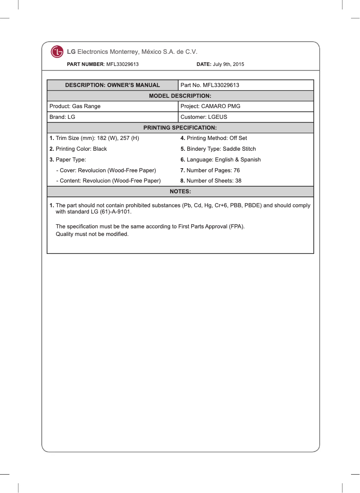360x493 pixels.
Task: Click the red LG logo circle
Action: (x=57, y=52)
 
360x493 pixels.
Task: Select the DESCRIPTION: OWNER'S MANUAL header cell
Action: (x=113, y=85)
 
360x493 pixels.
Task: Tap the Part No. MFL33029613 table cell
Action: (x=210, y=85)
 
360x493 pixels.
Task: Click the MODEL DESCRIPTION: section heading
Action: (x=180, y=96)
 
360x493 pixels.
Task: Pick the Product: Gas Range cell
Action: (x=75, y=106)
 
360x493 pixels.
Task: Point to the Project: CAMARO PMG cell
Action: (x=210, y=106)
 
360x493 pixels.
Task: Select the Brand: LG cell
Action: (x=62, y=117)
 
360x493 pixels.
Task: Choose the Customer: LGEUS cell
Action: (x=204, y=117)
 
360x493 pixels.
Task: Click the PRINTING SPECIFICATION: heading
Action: (x=180, y=128)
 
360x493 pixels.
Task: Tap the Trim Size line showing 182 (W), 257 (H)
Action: (x=94, y=138)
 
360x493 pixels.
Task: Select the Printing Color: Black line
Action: (x=78, y=149)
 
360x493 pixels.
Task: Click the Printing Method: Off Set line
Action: (x=214, y=138)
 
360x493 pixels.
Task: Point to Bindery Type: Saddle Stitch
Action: (x=218, y=149)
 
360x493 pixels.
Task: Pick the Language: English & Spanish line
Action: (x=220, y=160)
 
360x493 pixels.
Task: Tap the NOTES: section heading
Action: (x=180, y=192)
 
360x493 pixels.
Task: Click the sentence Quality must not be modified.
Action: (x=92, y=234)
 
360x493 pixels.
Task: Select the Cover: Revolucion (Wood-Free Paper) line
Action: (x=105, y=170)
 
